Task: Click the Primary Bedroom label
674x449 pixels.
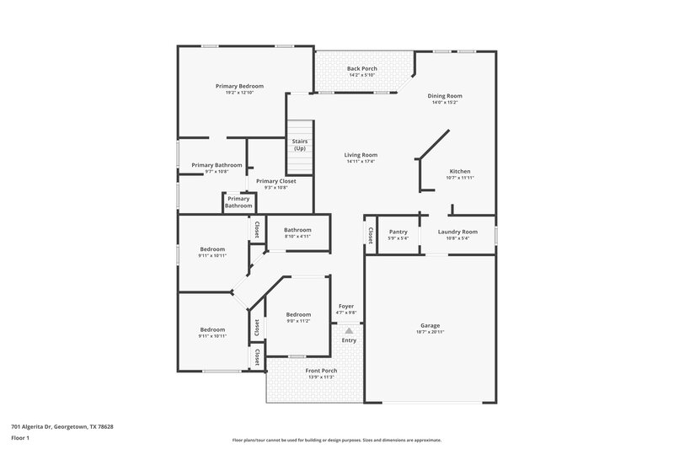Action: coord(239,86)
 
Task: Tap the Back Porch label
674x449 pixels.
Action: coord(362,68)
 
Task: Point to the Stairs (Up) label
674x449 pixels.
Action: coord(300,145)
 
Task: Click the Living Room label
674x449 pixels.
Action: coord(361,155)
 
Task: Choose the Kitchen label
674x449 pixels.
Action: coord(459,171)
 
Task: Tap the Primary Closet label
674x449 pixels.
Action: coord(276,181)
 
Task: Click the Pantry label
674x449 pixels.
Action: coord(398,231)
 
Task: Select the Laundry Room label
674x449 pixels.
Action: coord(457,231)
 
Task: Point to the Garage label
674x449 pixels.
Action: coord(430,325)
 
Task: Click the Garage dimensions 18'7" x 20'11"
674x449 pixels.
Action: coord(430,332)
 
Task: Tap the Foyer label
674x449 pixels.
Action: coord(346,306)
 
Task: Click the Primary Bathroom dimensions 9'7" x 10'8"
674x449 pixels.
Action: coord(217,172)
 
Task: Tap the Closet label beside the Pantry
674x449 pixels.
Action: coord(370,233)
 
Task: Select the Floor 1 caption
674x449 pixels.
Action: coord(20,439)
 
